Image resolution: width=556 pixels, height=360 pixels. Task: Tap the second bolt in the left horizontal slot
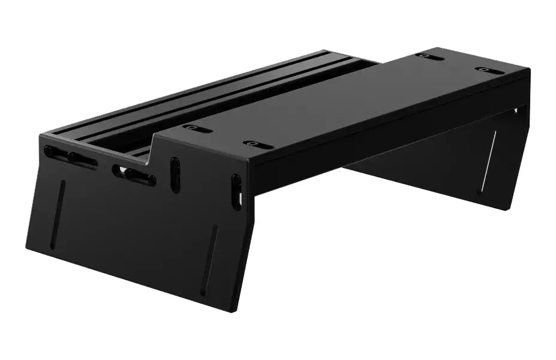[74, 158]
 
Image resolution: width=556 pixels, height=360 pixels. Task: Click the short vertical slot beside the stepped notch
[175, 175]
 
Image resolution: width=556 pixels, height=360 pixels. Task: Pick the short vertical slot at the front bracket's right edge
[236, 192]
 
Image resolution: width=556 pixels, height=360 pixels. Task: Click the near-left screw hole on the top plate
[197, 128]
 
